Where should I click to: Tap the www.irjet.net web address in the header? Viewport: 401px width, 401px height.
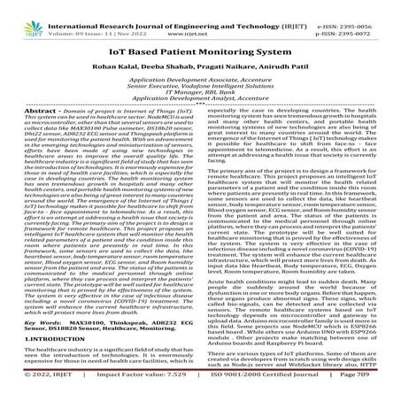[x=201, y=19]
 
